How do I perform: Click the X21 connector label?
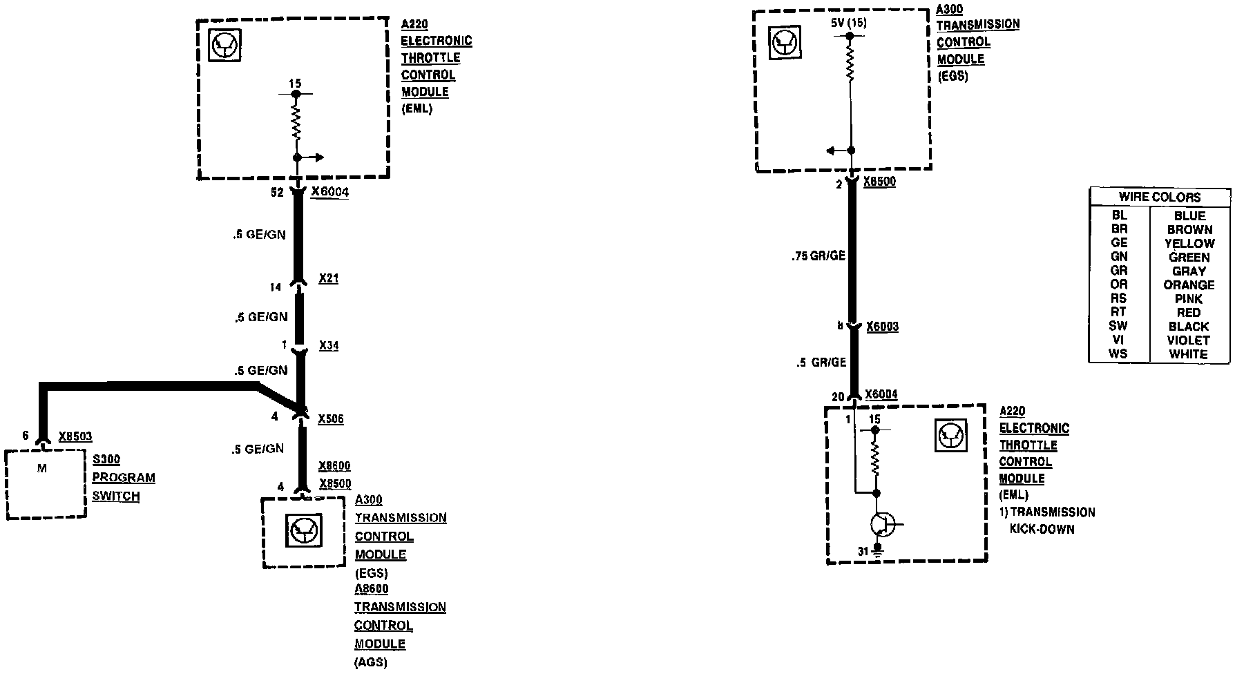pos(328,279)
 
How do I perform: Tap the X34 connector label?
pos(328,345)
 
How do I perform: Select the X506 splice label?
pos(330,419)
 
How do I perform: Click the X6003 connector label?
pos(882,326)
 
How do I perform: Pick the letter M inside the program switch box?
pos(42,468)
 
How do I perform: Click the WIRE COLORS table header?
pos(1160,197)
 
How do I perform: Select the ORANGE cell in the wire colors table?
pos(1189,284)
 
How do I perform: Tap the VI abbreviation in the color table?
pos(1118,340)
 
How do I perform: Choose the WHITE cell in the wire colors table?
pos(1188,354)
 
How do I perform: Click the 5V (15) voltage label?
pos(849,23)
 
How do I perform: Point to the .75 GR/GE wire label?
pos(818,256)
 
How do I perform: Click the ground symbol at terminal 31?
pos(877,552)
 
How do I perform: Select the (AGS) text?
pos(371,662)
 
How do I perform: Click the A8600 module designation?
pos(372,589)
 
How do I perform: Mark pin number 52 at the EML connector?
pos(277,193)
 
